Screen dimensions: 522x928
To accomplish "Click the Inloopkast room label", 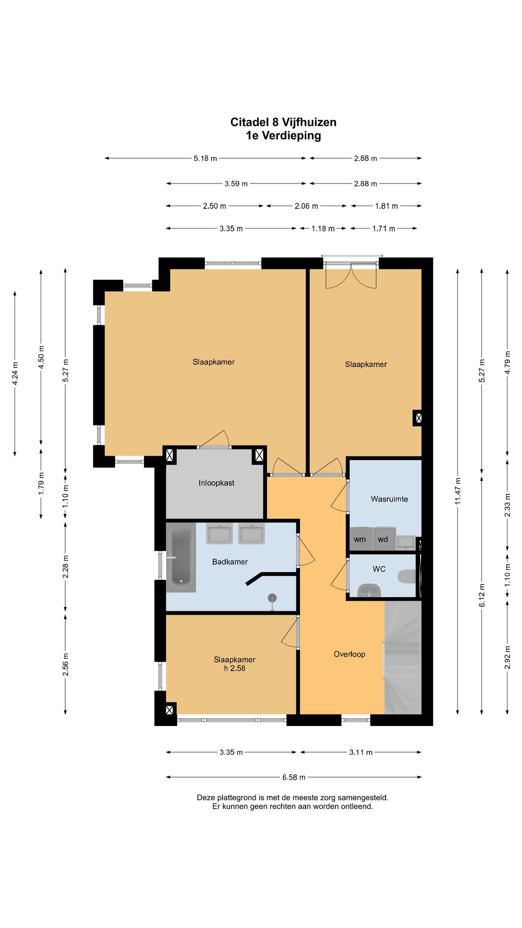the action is [216, 483].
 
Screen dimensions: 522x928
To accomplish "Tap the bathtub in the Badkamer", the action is [181, 557].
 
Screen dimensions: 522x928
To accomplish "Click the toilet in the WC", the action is [406, 577].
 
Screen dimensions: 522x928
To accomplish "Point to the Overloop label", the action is [349, 654].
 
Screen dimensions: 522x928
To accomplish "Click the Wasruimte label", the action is [389, 499].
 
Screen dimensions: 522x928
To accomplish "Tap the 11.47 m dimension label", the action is [458, 491].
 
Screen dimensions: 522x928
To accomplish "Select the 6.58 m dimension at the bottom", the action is [294, 777].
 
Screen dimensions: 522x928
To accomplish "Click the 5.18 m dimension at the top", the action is [205, 158].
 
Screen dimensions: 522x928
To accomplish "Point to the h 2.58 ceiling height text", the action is [235, 668].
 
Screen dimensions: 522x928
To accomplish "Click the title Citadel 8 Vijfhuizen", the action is [283, 122].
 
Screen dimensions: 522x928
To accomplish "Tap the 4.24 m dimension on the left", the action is [15, 373].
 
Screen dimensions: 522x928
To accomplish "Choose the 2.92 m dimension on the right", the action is [507, 657].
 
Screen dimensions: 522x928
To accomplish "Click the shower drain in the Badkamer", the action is [272, 598].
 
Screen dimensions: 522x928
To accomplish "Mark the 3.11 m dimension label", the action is [361, 752].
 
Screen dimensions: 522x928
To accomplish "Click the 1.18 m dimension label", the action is [323, 228].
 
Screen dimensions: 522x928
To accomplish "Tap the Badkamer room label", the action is [230, 562].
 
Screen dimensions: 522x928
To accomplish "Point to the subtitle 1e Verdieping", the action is [283, 135].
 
